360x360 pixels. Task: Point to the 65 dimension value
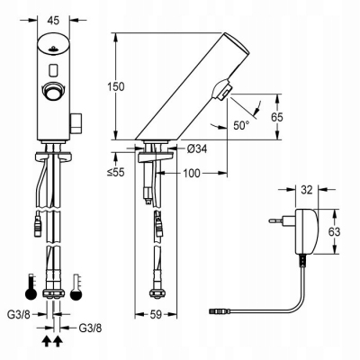(280, 117)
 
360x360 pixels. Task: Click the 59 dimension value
(155, 315)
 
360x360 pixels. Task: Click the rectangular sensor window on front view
(53, 68)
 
